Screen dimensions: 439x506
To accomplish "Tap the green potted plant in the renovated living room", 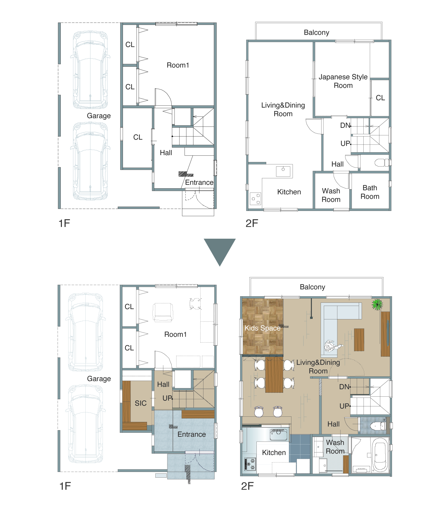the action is point(377,305).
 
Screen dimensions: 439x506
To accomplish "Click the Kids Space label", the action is point(262,328).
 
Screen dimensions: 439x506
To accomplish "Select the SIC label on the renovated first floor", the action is point(141,403).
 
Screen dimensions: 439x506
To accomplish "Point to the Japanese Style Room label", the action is point(343,81).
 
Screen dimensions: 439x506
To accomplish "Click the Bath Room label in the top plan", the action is point(370,192).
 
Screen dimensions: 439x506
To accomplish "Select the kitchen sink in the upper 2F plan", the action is point(283,171).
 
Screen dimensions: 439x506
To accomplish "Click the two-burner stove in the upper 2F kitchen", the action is point(255,199).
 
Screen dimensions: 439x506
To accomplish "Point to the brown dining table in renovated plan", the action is point(274,375).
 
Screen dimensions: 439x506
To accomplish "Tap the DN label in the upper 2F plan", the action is point(345,125).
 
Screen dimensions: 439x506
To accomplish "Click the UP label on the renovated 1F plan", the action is point(167,398).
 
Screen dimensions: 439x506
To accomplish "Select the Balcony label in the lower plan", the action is point(312,287).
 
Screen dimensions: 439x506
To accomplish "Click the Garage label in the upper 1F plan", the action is point(99,116).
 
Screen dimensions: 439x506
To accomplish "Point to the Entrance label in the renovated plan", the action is point(192,434).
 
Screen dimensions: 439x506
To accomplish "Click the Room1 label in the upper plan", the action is point(178,65).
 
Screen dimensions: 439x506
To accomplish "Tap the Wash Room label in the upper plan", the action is point(331,195).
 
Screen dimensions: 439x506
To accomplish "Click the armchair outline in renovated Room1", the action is point(163,313).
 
